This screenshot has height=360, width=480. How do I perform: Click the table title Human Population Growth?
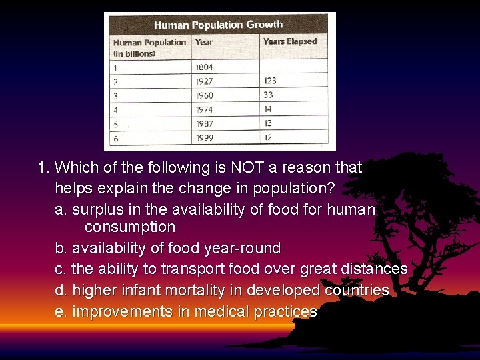click(218, 25)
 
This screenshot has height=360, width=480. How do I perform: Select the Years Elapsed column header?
click(290, 41)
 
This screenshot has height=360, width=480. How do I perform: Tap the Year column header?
click(204, 42)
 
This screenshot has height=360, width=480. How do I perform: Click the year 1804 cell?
click(205, 67)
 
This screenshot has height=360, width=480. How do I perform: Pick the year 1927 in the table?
click(205, 81)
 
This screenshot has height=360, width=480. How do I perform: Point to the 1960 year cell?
click(205, 95)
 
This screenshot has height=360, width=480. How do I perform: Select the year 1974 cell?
click(205, 109)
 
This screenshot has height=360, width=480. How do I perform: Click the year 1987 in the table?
click(205, 124)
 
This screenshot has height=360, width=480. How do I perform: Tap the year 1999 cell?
click(205, 138)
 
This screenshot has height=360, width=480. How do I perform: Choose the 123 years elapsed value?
click(270, 81)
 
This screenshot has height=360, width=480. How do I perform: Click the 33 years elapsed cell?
click(268, 95)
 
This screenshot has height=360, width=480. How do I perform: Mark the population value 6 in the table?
click(115, 138)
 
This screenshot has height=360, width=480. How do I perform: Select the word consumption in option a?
click(130, 227)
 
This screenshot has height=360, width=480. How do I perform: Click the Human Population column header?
click(149, 47)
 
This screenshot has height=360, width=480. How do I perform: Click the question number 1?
click(43, 167)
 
